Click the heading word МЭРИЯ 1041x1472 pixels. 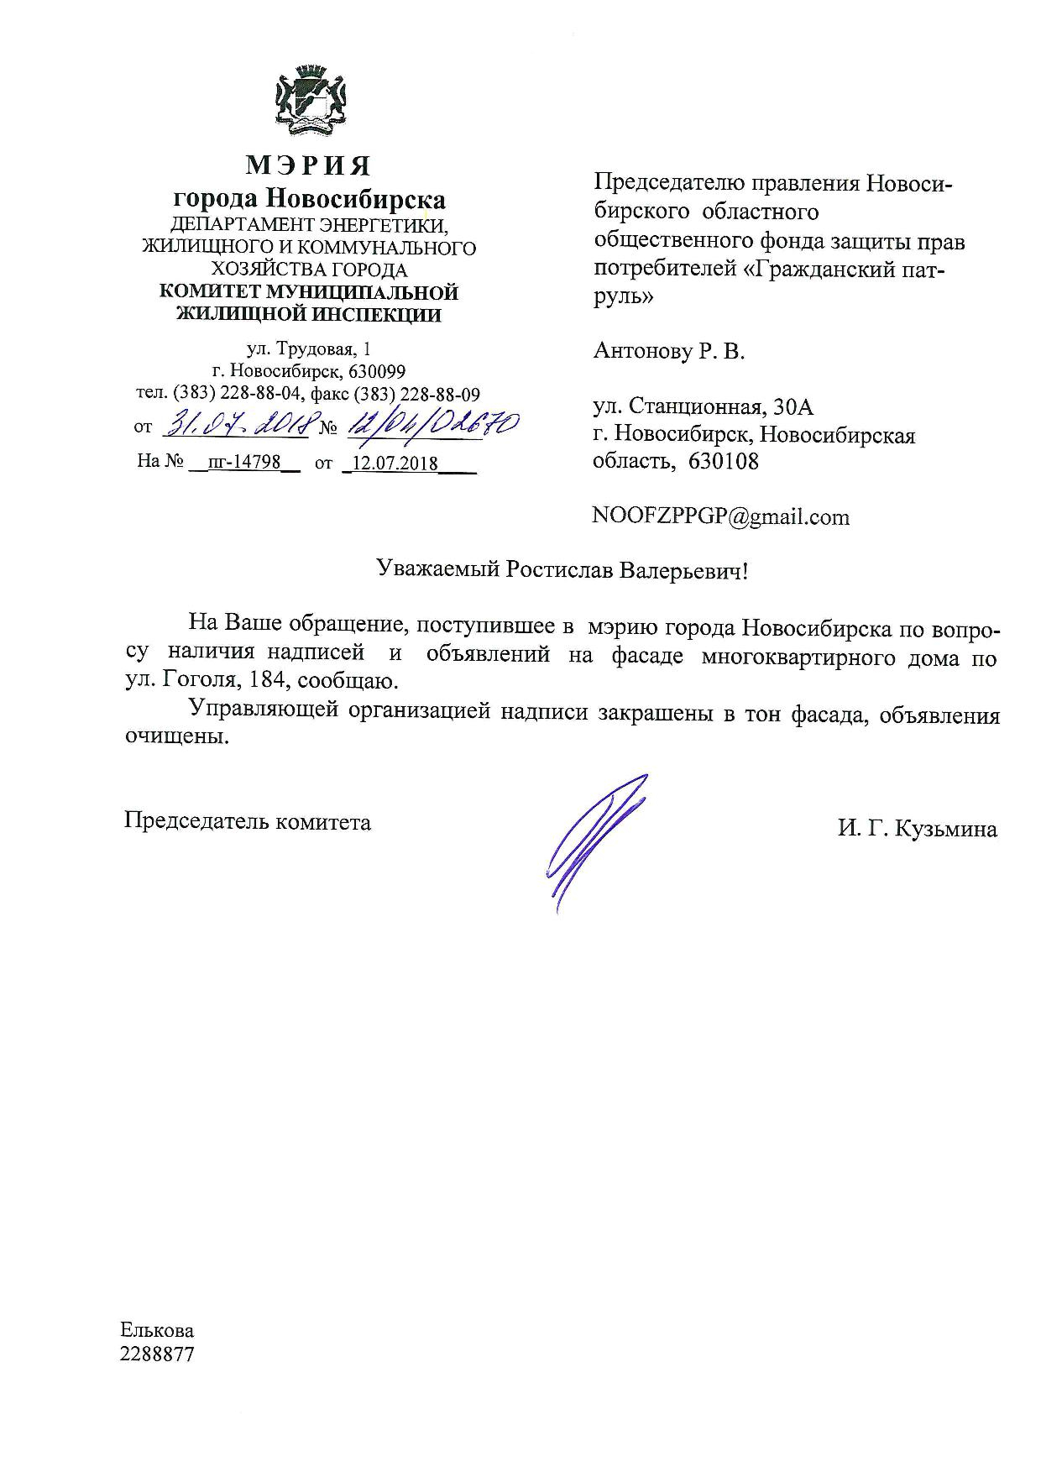point(308,165)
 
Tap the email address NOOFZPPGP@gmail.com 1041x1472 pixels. point(720,516)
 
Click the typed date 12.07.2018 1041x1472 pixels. point(395,463)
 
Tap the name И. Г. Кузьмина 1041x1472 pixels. point(917,830)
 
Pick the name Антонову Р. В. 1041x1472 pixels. point(669,351)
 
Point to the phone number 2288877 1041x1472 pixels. point(158,1354)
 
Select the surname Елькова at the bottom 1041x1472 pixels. point(157,1331)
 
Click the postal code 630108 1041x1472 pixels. point(724,461)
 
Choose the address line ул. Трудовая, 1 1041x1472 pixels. point(307,348)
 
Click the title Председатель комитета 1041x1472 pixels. point(247,820)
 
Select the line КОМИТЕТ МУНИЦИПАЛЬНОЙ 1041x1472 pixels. point(309,293)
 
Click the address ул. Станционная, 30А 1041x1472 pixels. point(704,407)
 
